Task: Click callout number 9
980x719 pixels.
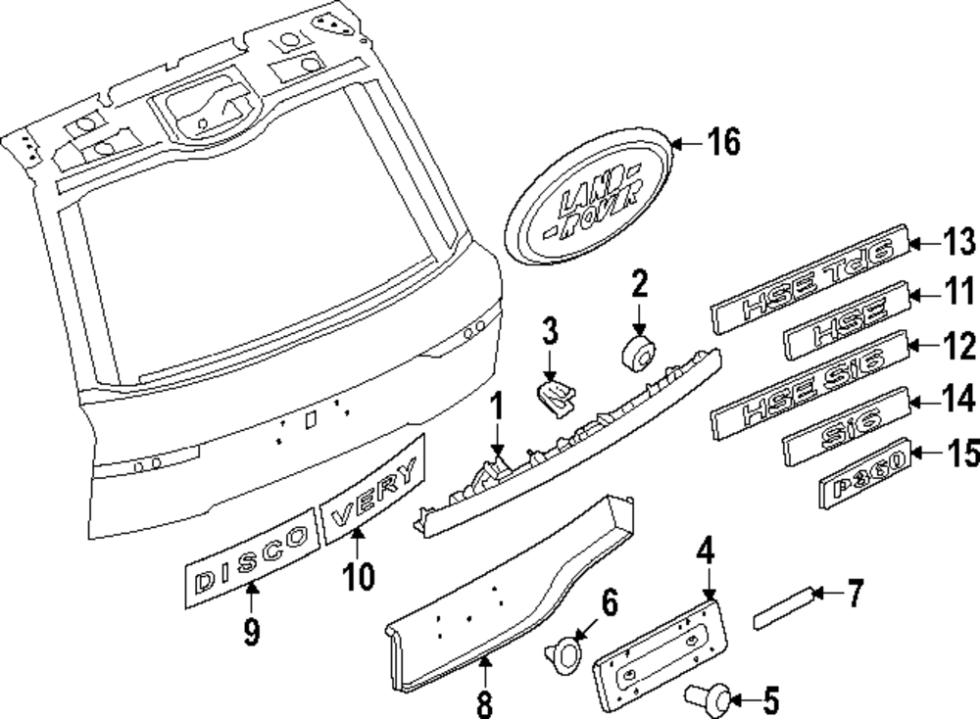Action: (252, 632)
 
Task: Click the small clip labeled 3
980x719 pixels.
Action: (555, 397)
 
